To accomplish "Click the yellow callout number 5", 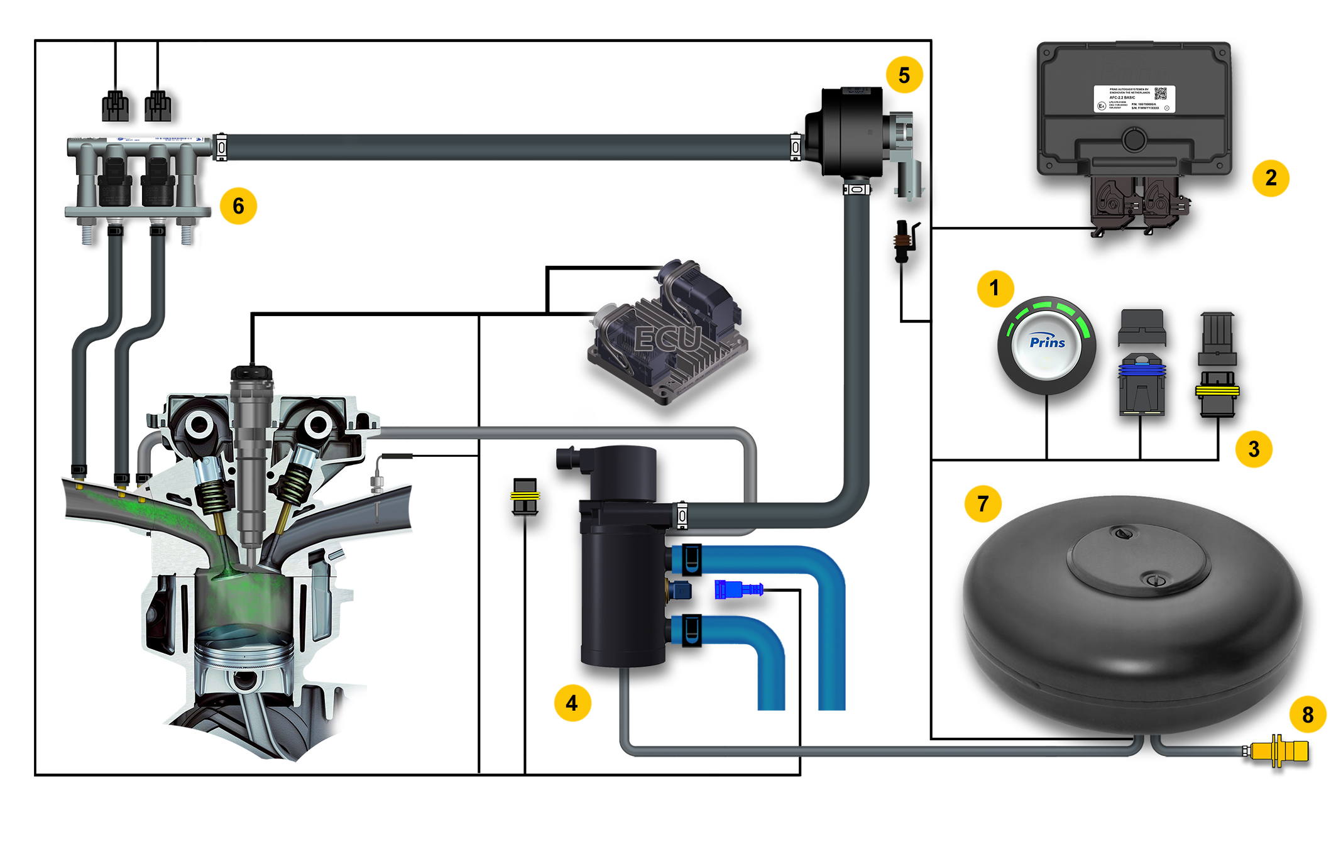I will coord(904,75).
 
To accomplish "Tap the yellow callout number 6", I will coord(238,206).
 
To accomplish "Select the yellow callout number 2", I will coord(1270,178).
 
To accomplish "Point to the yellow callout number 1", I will coord(994,288).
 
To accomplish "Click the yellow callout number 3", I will coord(1253,449).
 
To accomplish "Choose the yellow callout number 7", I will coord(983,503).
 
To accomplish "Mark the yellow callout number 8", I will coord(1308,715).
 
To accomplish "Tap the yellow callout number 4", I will coord(572,703).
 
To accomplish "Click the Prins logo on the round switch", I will coord(1047,342).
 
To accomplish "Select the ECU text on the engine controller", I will coord(667,339).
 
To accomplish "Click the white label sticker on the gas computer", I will coord(1134,99).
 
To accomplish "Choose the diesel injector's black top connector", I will coord(251,373).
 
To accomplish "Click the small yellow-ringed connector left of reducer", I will coord(525,496).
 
